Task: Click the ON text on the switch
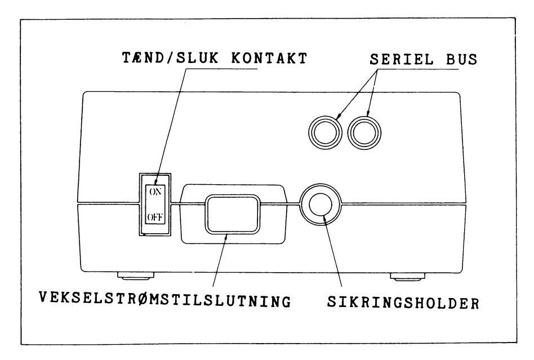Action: point(154,190)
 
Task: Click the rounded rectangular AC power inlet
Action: point(232,213)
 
